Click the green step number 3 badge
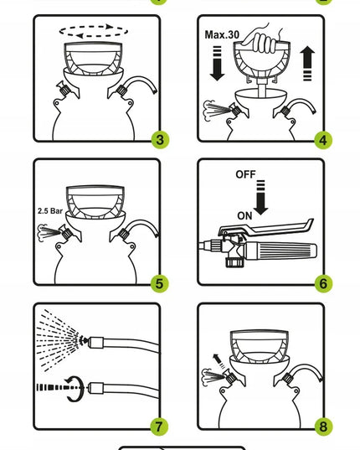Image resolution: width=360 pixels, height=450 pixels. [160, 140]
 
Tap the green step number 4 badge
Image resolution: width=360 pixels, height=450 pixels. [323, 140]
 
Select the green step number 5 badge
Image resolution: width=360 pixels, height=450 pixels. [160, 283]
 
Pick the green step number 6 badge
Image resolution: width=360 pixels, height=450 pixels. [323, 283]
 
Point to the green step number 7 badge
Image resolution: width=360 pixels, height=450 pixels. [159, 427]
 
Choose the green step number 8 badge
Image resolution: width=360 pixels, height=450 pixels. [324, 427]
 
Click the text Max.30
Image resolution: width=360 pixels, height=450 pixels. [222, 34]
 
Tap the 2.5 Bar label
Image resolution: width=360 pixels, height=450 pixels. [50, 211]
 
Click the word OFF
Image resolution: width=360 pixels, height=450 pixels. [245, 174]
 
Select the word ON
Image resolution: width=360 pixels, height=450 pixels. [244, 216]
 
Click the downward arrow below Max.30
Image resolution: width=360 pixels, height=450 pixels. [218, 63]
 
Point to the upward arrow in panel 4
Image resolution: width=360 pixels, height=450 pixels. [307, 63]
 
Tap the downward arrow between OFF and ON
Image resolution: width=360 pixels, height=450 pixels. [261, 198]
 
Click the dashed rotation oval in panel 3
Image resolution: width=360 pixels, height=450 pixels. [94, 25]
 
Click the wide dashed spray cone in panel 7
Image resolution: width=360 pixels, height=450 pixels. [59, 341]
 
